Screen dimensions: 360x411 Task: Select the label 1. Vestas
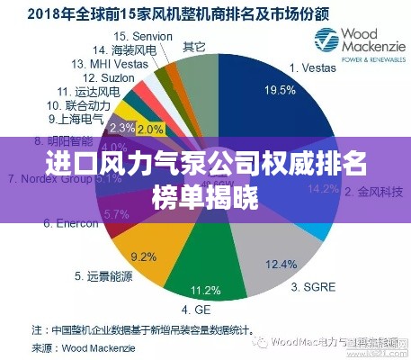[314, 67]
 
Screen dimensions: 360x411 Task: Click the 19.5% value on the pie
[279, 90]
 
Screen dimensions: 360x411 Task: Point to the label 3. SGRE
[314, 287]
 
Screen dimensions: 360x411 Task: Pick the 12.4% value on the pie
[281, 264]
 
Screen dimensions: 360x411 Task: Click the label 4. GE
[207, 309]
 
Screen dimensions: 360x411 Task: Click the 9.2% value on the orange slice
[144, 256]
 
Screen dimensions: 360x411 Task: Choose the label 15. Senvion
[146, 36]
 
